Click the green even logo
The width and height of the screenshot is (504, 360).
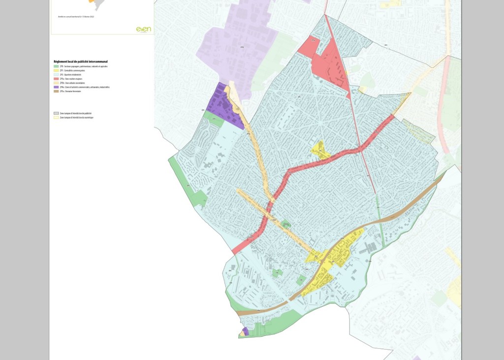(x=143, y=30)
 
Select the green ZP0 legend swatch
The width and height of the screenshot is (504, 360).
(x=56, y=66)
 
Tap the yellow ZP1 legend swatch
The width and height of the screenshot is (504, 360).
(x=56, y=70)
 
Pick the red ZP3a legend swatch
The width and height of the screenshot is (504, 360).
(x=56, y=79)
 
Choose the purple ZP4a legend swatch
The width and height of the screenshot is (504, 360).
(x=56, y=87)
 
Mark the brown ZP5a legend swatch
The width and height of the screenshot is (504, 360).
(x=56, y=92)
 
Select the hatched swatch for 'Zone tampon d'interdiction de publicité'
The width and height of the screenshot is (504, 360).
(x=56, y=113)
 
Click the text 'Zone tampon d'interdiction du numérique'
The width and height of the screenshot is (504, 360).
(x=76, y=118)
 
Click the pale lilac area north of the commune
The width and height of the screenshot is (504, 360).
(x=236, y=44)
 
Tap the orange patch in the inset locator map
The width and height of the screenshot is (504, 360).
(x=92, y=1)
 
